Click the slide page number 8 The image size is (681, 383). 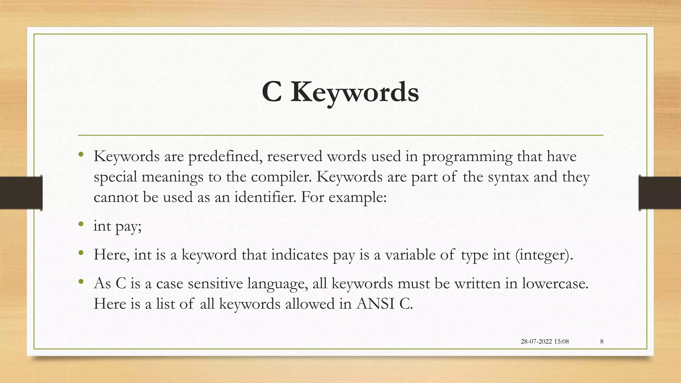point(602,341)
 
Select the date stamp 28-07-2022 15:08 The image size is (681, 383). point(545,341)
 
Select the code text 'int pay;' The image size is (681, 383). point(118,226)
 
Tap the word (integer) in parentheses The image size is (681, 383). point(544,255)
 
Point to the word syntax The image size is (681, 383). point(508,177)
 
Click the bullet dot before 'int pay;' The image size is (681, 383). point(81,224)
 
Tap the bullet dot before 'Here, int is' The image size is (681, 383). point(81,253)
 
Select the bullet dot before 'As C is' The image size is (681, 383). point(81,282)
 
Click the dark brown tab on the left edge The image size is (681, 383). point(21,193)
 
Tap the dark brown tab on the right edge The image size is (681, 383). point(660,193)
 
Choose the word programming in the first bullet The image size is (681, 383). point(467,157)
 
